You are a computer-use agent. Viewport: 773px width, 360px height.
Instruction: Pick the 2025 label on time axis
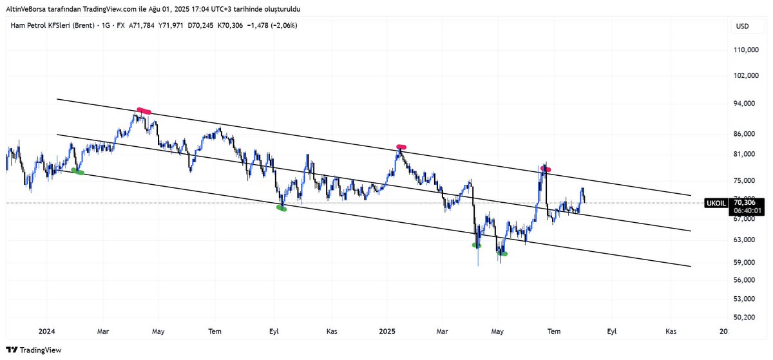386,332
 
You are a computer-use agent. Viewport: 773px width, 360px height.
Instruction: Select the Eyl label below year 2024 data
274,332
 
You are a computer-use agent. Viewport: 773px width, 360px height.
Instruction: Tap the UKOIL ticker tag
717,202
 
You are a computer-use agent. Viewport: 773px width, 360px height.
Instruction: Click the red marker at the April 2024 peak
144,111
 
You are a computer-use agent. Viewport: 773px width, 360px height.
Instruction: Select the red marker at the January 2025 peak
401,147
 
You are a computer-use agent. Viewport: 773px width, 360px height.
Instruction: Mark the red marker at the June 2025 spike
545,169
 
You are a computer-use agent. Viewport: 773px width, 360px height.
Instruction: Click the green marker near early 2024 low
78,171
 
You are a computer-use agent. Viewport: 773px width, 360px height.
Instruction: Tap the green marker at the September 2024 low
281,208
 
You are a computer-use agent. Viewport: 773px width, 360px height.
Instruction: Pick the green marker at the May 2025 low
502,254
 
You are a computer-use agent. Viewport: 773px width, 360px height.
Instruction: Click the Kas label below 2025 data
671,332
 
